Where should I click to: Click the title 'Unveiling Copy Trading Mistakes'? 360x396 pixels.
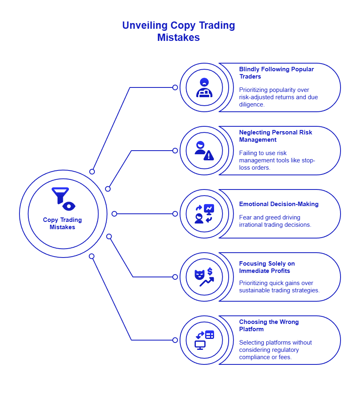click(x=178, y=31)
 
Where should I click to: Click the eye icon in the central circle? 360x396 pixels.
click(x=69, y=206)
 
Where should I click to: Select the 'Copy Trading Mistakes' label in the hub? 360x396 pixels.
click(x=62, y=224)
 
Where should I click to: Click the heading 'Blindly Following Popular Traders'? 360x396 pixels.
click(x=276, y=73)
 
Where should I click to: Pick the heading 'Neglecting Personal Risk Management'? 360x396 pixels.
click(x=275, y=136)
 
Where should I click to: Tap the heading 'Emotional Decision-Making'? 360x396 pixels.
click(x=279, y=204)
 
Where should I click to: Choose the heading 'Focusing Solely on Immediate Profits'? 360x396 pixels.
click(x=267, y=267)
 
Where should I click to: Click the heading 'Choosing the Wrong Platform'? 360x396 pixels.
click(x=269, y=326)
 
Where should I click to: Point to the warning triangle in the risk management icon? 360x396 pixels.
click(x=209, y=155)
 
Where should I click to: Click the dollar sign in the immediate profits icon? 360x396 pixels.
click(x=210, y=271)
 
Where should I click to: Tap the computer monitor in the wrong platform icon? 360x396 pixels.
click(x=200, y=345)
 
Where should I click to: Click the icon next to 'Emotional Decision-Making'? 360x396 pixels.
click(x=204, y=214)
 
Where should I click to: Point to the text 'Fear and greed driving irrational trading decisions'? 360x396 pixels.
click(x=275, y=221)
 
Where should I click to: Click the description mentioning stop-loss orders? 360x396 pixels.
click(x=277, y=160)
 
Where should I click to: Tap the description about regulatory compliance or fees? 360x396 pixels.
click(x=275, y=350)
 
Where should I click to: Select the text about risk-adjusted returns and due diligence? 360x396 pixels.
click(x=278, y=97)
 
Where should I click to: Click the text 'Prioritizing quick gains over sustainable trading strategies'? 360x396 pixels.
click(x=279, y=287)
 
